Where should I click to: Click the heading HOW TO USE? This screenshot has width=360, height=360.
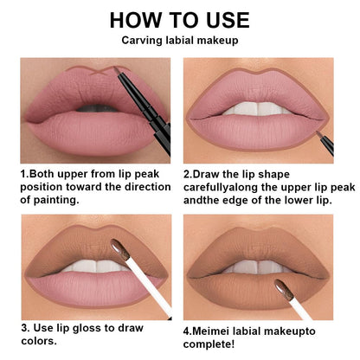(x=180, y=19)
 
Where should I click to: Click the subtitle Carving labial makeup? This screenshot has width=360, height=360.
(x=180, y=40)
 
